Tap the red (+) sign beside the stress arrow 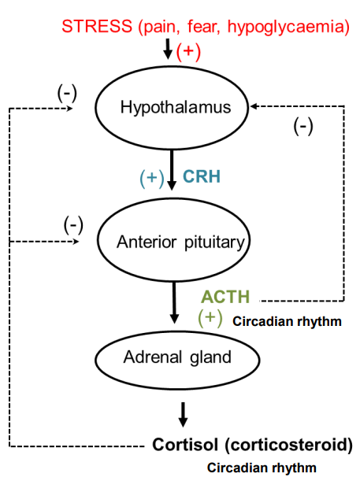(188, 52)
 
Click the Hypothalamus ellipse (176, 107)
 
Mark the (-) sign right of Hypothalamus (303, 126)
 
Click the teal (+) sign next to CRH (152, 178)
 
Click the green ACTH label (225, 297)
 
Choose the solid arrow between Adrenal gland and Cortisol (183, 413)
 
